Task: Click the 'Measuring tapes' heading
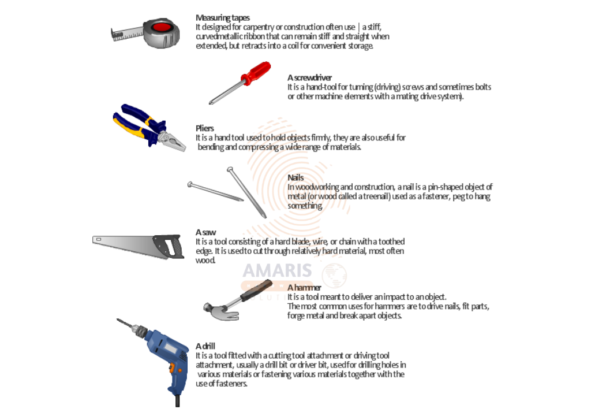222,18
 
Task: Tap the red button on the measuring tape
162,27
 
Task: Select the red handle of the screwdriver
256,73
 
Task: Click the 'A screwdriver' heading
309,78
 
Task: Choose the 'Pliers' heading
205,128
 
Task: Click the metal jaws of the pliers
173,141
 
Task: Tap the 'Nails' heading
295,177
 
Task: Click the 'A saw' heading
206,232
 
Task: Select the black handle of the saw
169,246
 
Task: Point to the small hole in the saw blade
98,239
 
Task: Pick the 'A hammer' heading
304,288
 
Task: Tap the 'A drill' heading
205,346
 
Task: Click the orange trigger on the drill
173,369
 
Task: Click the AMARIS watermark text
278,270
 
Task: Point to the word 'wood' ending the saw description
205,260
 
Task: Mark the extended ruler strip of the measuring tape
128,33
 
